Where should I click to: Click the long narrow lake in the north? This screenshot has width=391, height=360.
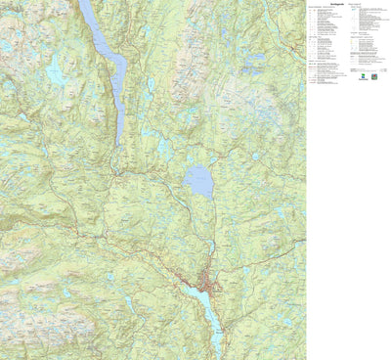coord(109,59)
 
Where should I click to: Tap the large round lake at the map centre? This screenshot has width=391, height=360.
coord(197,181)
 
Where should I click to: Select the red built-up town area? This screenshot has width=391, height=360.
coord(207,286)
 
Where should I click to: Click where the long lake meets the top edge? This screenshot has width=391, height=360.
coord(86,2)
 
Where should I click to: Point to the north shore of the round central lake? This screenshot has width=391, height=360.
coord(198,165)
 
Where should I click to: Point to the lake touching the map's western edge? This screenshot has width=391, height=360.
coord(5,44)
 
